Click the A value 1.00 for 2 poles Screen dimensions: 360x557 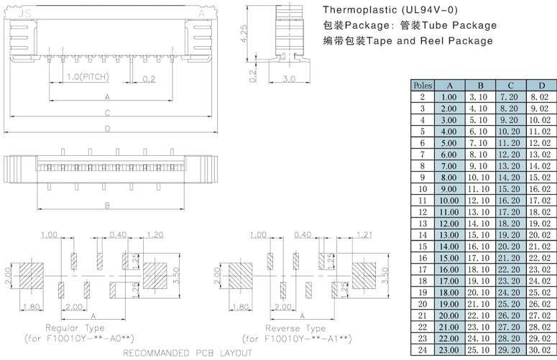click(x=449, y=96)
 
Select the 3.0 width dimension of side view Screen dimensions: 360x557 click(x=290, y=78)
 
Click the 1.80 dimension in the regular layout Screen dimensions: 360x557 click(x=32, y=308)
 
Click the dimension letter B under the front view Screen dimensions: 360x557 click(x=107, y=206)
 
